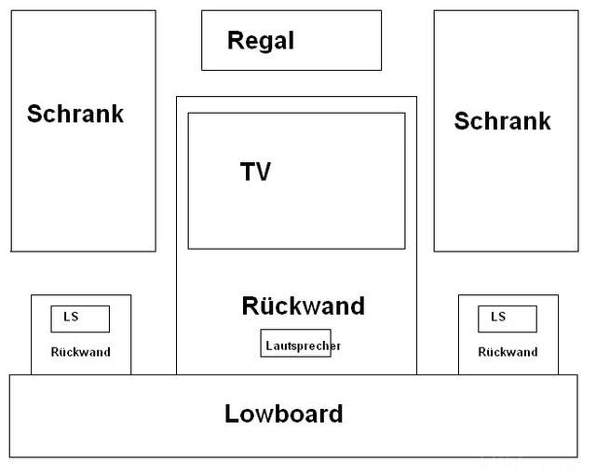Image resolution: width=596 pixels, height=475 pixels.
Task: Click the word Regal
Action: click(261, 41)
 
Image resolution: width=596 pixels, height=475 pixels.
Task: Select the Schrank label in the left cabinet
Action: click(75, 115)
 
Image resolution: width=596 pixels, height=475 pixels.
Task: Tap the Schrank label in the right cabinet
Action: click(502, 121)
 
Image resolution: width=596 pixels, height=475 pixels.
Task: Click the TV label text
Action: click(256, 172)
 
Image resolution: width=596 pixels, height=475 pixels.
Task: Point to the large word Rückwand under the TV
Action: click(303, 306)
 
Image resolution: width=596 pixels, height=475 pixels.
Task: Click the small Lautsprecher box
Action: click(295, 343)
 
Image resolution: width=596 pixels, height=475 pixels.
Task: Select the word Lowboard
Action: click(284, 414)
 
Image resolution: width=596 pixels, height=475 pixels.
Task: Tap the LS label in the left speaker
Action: click(71, 317)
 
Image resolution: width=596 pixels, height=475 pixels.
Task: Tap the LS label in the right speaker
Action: click(498, 317)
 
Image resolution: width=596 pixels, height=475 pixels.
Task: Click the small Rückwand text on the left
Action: click(80, 352)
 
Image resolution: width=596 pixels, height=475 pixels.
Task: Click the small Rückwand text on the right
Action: click(508, 352)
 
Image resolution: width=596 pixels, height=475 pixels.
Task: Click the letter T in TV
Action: click(248, 172)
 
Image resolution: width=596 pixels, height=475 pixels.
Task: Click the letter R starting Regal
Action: click(235, 41)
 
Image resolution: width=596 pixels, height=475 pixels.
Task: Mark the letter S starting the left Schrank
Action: click(34, 115)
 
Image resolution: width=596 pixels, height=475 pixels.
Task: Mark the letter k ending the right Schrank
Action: click(544, 121)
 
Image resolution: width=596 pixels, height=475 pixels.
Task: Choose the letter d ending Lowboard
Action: click(335, 414)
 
